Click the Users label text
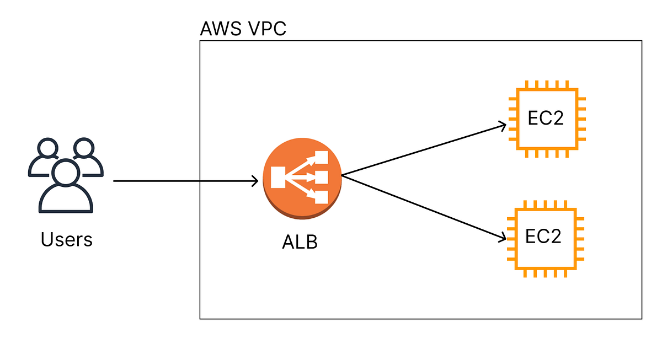click(x=66, y=240)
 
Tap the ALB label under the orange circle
click(x=300, y=243)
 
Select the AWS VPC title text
click(x=243, y=28)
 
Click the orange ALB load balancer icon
click(x=302, y=177)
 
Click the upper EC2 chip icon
click(x=546, y=119)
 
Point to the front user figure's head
click(x=66, y=171)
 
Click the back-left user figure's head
click(x=47, y=148)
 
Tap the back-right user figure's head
click(x=84, y=148)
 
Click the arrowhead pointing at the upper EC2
click(x=503, y=126)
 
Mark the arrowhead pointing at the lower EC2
click(x=502, y=238)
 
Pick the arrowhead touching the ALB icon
click(x=255, y=181)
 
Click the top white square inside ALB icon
click(x=322, y=158)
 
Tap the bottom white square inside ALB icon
click(x=322, y=197)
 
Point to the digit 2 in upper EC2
click(x=556, y=119)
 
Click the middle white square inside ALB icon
click(x=322, y=178)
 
